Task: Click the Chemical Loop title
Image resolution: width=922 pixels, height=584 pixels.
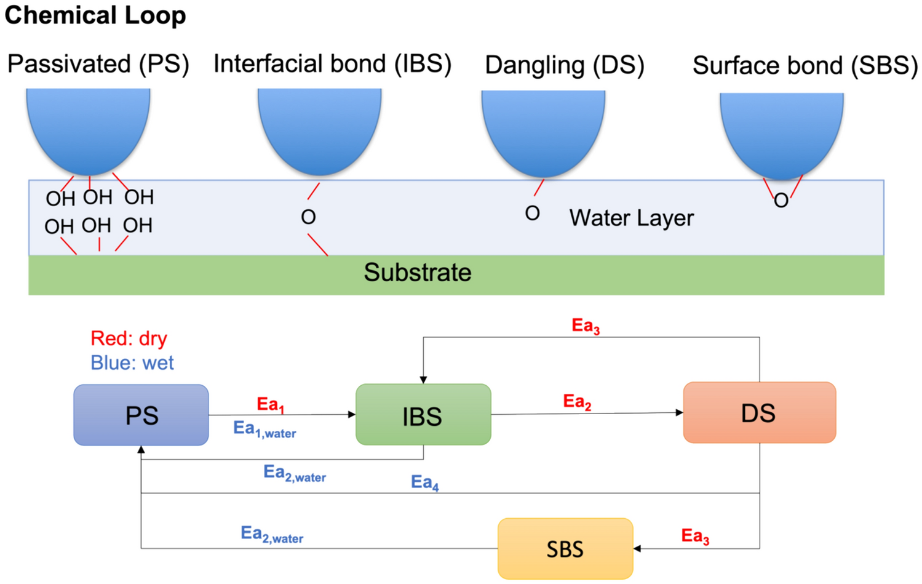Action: (95, 15)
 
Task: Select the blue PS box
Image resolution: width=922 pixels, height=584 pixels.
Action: (141, 415)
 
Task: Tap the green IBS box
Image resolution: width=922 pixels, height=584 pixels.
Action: (423, 415)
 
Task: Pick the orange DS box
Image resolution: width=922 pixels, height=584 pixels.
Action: (759, 413)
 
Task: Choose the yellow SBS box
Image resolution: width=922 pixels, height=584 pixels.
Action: (565, 548)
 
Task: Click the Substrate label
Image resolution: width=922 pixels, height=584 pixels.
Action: (418, 273)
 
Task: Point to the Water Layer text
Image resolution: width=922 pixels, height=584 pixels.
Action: (631, 218)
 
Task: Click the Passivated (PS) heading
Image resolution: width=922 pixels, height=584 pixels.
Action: (98, 65)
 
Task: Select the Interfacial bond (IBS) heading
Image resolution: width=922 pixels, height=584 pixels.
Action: (332, 64)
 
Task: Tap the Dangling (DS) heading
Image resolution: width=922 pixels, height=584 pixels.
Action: (564, 65)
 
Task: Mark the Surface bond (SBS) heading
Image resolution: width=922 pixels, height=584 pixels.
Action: (805, 66)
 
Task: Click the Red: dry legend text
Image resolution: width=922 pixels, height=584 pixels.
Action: (129, 338)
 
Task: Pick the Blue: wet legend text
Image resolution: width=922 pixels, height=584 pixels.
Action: (132, 363)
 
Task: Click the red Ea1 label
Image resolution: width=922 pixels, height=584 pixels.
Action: (270, 405)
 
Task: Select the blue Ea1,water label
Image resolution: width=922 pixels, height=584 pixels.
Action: (264, 430)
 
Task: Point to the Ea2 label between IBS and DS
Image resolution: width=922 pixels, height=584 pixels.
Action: (577, 402)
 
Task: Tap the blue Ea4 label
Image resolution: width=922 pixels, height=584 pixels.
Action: (425, 482)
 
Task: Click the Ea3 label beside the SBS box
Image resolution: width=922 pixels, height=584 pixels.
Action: (695, 536)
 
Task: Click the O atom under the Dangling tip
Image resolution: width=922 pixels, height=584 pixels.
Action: (533, 214)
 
